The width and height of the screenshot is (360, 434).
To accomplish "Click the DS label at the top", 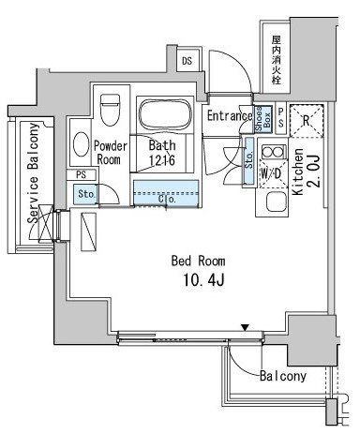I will [x=187, y=62].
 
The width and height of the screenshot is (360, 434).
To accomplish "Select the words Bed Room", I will [x=193, y=260].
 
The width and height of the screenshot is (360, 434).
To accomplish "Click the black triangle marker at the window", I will [x=245, y=326].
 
